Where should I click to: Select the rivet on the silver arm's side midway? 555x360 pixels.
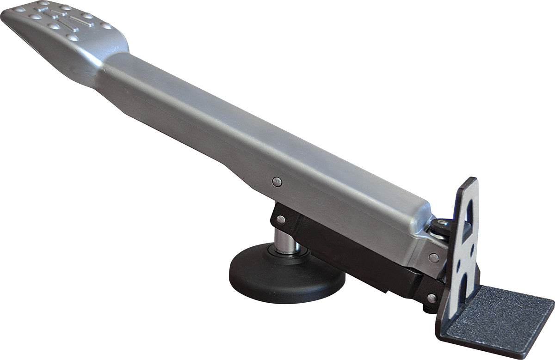click(x=277, y=182)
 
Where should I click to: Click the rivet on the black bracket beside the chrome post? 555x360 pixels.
click(x=281, y=220)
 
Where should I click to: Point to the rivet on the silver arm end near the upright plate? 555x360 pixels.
click(x=434, y=257)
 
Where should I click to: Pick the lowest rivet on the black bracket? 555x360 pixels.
click(x=431, y=298)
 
